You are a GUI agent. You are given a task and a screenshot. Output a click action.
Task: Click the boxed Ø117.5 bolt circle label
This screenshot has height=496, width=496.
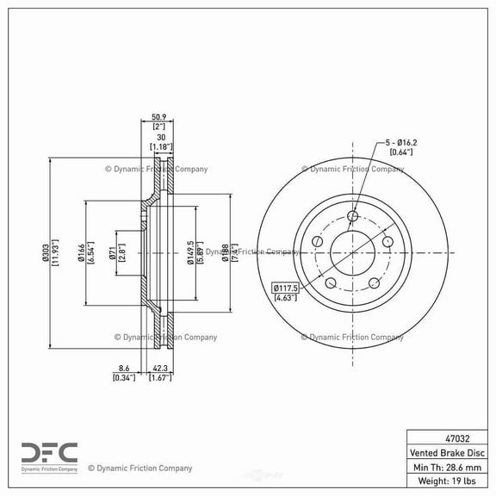click(x=286, y=288)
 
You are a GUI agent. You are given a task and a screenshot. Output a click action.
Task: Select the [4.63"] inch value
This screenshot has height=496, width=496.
click(x=286, y=298)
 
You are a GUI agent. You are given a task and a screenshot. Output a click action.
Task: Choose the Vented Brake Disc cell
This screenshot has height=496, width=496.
click(x=449, y=452)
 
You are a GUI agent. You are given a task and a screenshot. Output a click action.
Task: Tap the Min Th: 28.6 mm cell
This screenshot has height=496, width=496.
click(x=449, y=467)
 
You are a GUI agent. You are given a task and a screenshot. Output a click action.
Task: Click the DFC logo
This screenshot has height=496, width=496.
click(x=48, y=453)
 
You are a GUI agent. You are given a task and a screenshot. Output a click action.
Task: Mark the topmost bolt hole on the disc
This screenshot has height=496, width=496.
click(x=352, y=216)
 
